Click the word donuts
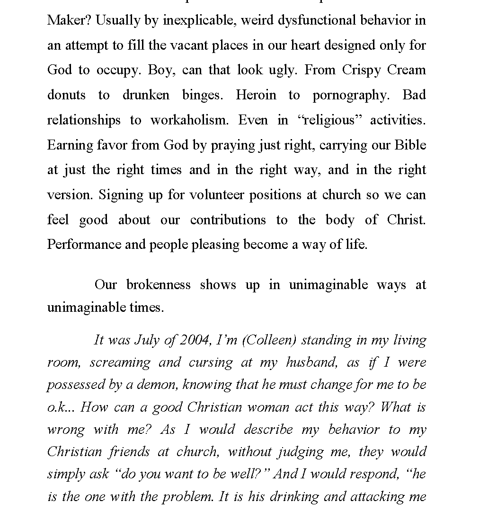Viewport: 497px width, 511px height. coord(66,95)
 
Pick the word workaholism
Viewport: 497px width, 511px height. coord(189,120)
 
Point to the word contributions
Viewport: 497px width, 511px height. coord(228,220)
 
